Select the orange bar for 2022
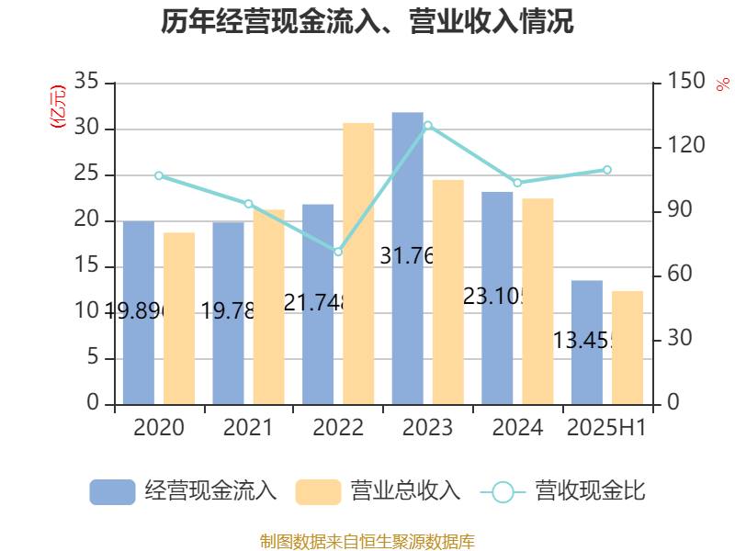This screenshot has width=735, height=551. tap(358, 263)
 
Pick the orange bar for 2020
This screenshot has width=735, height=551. tap(179, 318)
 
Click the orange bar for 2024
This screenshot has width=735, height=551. tap(537, 301)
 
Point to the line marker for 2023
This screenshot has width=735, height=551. tap(427, 125)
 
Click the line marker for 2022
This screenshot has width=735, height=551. tap(338, 252)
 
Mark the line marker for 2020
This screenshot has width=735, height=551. tap(158, 175)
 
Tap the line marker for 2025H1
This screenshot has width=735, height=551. tap(607, 170)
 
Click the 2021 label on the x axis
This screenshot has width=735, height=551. tap(248, 428)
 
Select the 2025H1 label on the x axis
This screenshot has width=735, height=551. tap(606, 428)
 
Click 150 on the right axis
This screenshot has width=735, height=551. tap(685, 83)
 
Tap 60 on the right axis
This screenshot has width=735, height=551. tap(680, 275)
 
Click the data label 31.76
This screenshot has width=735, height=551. tap(407, 256)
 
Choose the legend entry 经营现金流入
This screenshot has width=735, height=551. tap(184, 491)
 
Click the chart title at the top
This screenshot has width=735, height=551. tap(367, 22)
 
